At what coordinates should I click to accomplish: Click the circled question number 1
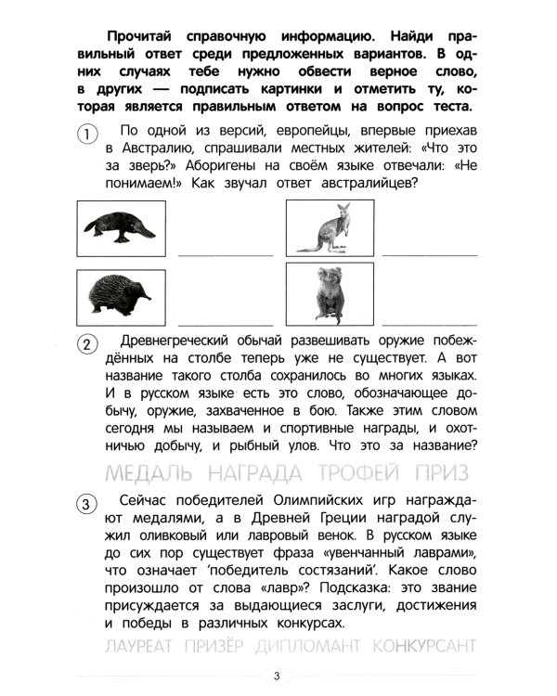84,134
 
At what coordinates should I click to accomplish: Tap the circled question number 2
84,344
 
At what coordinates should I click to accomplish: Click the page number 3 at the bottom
276,675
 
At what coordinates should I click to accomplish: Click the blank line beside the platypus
226,252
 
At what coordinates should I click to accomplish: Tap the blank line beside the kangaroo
430,252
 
